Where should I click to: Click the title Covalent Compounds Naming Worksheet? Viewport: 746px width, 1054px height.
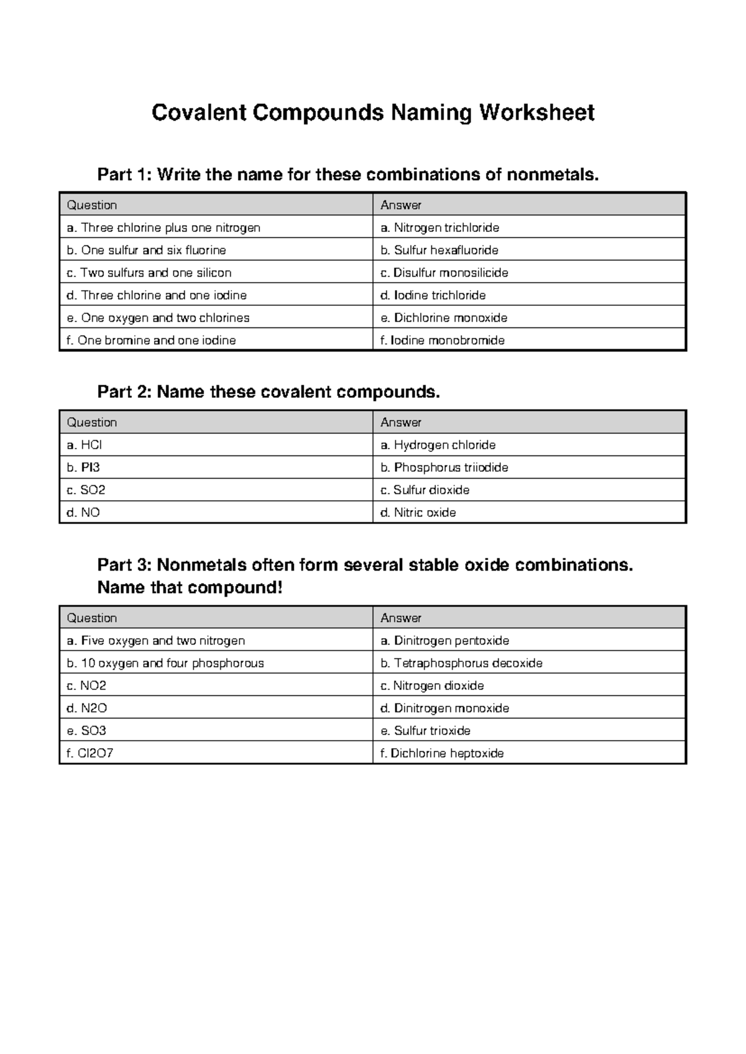tap(373, 113)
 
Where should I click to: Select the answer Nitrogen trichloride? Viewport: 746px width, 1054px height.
tap(440, 227)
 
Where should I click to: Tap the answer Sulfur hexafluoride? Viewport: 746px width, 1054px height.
tap(440, 250)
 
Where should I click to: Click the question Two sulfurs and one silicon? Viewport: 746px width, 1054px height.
tap(149, 273)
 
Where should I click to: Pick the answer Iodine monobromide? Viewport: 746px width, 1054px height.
tap(443, 340)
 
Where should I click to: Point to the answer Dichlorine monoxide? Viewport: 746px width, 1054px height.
tap(444, 318)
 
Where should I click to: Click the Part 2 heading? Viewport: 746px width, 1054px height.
tap(269, 392)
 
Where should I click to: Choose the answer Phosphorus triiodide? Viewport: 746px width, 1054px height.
tap(444, 467)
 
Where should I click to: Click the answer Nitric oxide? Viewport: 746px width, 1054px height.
tap(418, 513)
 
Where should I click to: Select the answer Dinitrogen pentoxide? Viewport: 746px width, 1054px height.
tap(445, 641)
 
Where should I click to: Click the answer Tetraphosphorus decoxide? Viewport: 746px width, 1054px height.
tap(461, 663)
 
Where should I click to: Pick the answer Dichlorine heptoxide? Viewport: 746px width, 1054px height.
tap(442, 753)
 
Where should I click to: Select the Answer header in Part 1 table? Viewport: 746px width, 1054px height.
tap(401, 205)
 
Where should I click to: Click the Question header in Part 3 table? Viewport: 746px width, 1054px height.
tap(92, 618)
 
